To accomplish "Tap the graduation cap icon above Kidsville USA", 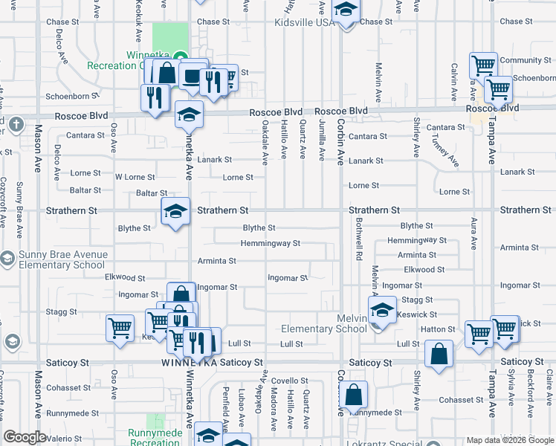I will click(346, 12).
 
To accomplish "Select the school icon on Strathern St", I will click(176, 213).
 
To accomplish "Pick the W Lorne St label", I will click(135, 178).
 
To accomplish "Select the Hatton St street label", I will click(438, 329).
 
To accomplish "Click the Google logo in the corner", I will click(25, 437).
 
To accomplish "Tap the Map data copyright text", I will click(509, 440).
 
